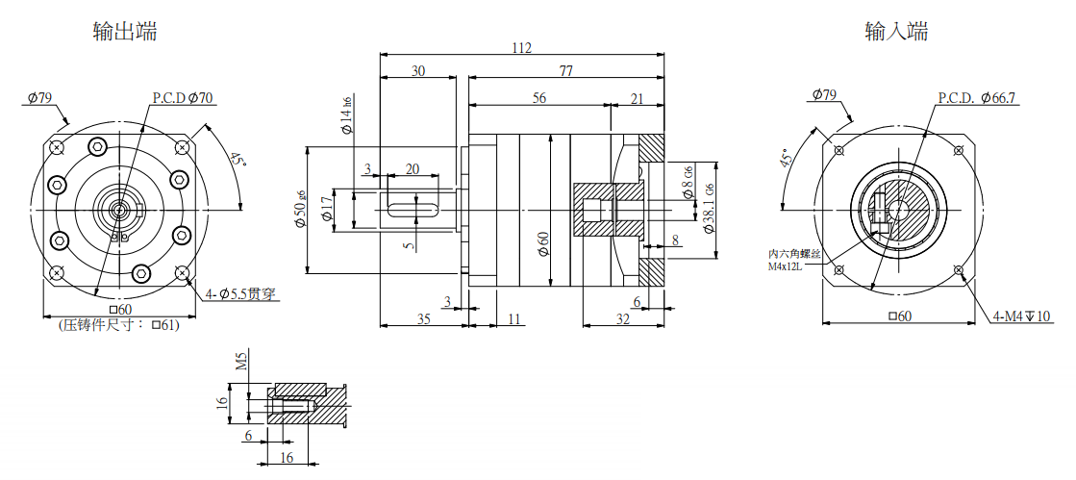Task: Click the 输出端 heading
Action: (x=125, y=32)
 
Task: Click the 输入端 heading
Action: (x=896, y=32)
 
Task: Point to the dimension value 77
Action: (x=565, y=71)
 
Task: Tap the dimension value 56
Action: (x=538, y=98)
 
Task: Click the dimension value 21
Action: (x=637, y=98)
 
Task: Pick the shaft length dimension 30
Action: (x=418, y=71)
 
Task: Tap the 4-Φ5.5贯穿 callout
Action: (x=241, y=294)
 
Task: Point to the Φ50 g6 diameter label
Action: (x=300, y=209)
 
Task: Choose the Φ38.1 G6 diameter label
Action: (x=710, y=210)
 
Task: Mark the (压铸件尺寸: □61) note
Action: (x=118, y=325)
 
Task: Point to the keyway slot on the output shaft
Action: (x=413, y=204)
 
